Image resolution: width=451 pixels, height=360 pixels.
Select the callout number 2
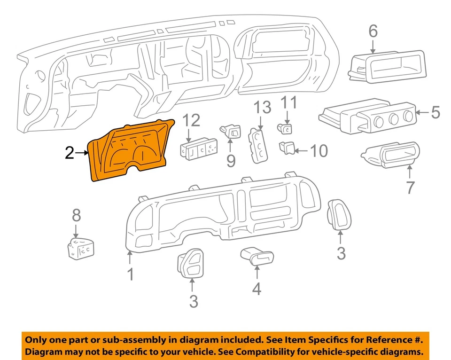[x=70, y=153]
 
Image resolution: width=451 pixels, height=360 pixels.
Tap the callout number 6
[x=373, y=31]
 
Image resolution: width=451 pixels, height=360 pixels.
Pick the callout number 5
[x=435, y=113]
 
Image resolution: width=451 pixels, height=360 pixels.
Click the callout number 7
[x=410, y=188]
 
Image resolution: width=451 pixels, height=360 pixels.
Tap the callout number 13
[x=263, y=108]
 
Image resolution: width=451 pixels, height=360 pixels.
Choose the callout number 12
[x=191, y=120]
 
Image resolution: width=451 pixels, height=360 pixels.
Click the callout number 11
[x=289, y=102]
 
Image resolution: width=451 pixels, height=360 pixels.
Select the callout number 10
[x=318, y=151]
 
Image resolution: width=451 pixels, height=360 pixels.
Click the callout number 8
[x=76, y=216]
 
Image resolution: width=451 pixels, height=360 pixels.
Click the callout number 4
[x=256, y=289]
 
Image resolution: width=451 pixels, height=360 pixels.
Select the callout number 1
[x=131, y=274]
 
